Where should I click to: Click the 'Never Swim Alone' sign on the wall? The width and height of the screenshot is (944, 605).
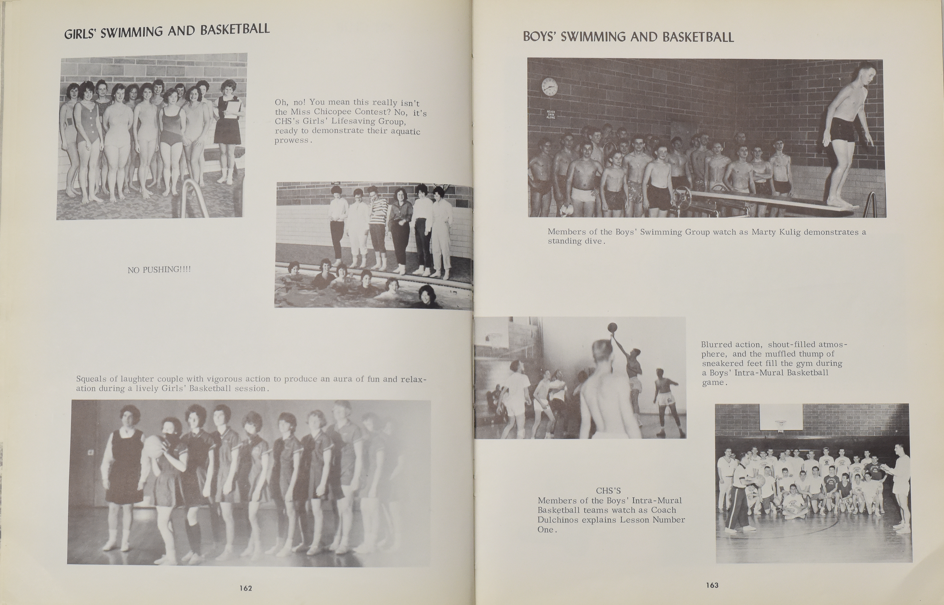pyautogui.click(x=551, y=114)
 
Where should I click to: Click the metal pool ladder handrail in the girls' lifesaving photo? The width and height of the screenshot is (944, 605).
pyautogui.click(x=194, y=196)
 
